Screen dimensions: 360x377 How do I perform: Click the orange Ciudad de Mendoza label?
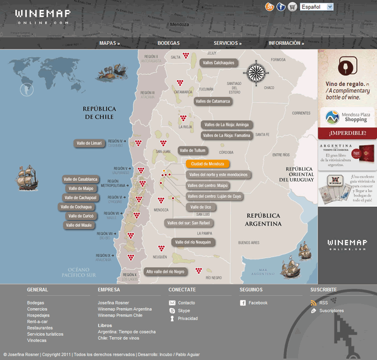tap(207, 164)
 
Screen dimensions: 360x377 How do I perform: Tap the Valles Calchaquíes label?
tap(218, 63)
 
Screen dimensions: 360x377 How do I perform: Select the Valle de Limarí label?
tap(90, 144)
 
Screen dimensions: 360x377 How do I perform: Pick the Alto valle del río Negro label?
tap(165, 272)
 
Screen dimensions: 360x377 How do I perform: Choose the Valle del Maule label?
tap(79, 225)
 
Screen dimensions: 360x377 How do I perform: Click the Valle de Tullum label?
tap(193, 150)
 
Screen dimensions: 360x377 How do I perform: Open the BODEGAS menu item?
tap(169, 43)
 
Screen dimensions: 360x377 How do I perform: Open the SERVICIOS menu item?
tap(227, 43)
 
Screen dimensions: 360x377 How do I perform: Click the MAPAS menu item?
tap(110, 43)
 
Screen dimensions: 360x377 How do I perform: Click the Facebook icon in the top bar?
tap(281, 7)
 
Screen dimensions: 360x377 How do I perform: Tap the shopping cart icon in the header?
tap(292, 7)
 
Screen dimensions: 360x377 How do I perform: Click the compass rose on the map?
tap(257, 72)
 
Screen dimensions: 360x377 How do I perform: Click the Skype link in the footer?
tap(184, 310)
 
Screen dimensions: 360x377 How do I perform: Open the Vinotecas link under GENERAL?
tap(37, 340)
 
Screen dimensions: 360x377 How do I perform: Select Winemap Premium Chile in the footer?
tap(120, 315)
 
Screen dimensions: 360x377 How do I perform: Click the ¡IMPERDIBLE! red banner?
tap(347, 133)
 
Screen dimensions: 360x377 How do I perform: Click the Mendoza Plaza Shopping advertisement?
tap(347, 116)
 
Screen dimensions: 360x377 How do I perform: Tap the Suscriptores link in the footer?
tap(332, 310)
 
